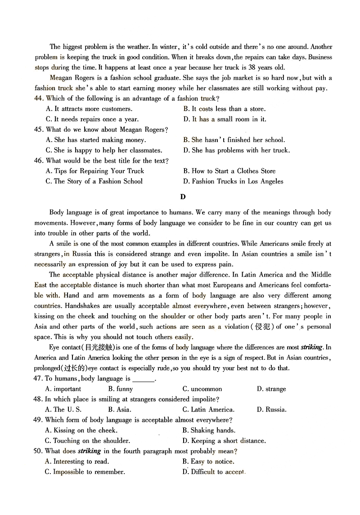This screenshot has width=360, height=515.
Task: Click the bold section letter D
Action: tap(182, 197)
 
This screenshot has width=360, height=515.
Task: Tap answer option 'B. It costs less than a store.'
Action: tap(224, 109)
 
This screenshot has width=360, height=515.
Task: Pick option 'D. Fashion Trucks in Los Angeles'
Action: tap(233, 181)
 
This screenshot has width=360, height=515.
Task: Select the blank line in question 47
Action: tap(144, 379)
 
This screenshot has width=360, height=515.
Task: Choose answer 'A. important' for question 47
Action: tap(63, 389)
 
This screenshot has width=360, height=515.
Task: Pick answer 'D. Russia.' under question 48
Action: tap(271, 410)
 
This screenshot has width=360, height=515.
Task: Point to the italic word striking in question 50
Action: tap(89, 451)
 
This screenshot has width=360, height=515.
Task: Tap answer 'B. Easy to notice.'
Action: tap(208, 461)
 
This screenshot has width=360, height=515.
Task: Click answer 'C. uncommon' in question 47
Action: tap(202, 389)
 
